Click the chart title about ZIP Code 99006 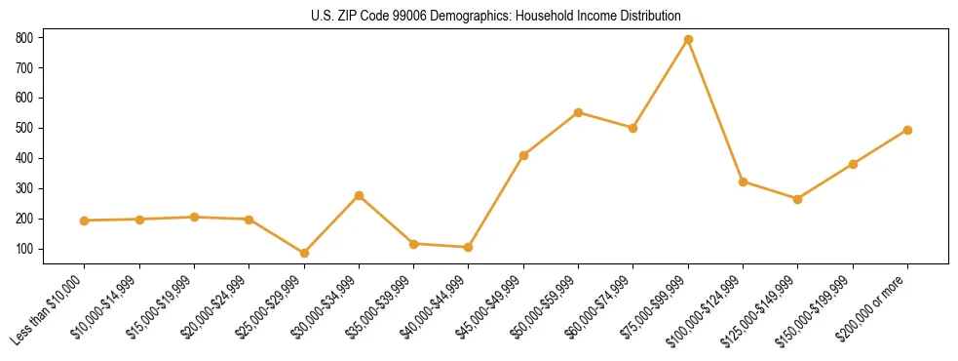click(x=479, y=17)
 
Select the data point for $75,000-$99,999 click(x=688, y=39)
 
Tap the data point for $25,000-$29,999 click(x=304, y=253)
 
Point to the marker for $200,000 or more click(x=907, y=130)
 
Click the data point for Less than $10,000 click(x=85, y=221)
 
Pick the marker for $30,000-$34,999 click(x=359, y=195)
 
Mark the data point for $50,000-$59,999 click(x=578, y=112)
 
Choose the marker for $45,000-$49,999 click(x=523, y=155)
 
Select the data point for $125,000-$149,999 click(x=797, y=199)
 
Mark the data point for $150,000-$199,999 click(x=853, y=164)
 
